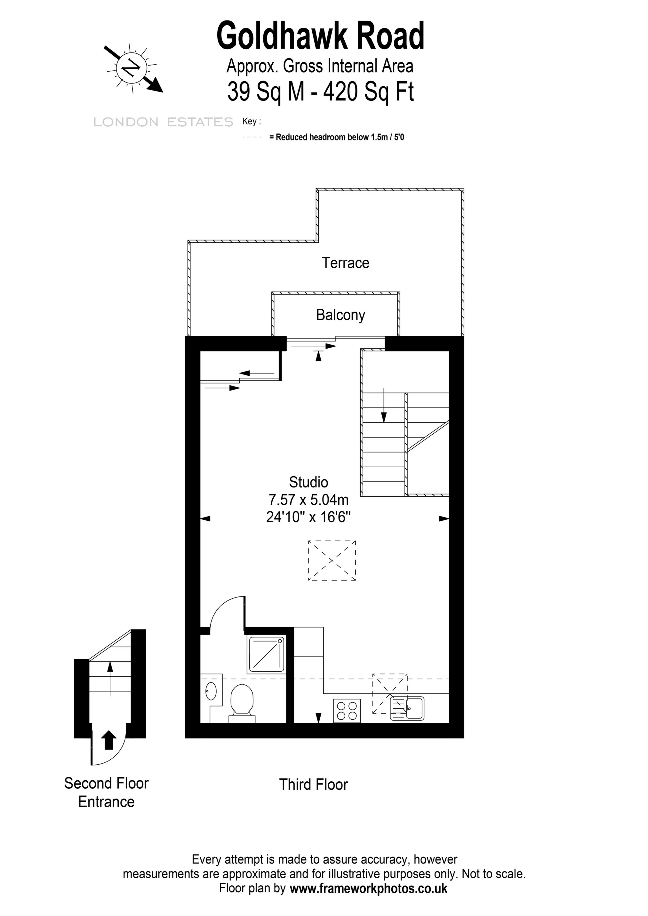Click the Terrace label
[x=345, y=263]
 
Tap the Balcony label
[x=340, y=315]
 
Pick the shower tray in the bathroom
[x=266, y=654]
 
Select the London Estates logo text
[x=163, y=122]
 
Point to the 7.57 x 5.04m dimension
[x=308, y=500]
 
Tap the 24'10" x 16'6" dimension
[x=308, y=517]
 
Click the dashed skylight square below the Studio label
[x=332, y=560]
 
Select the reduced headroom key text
[x=337, y=137]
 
